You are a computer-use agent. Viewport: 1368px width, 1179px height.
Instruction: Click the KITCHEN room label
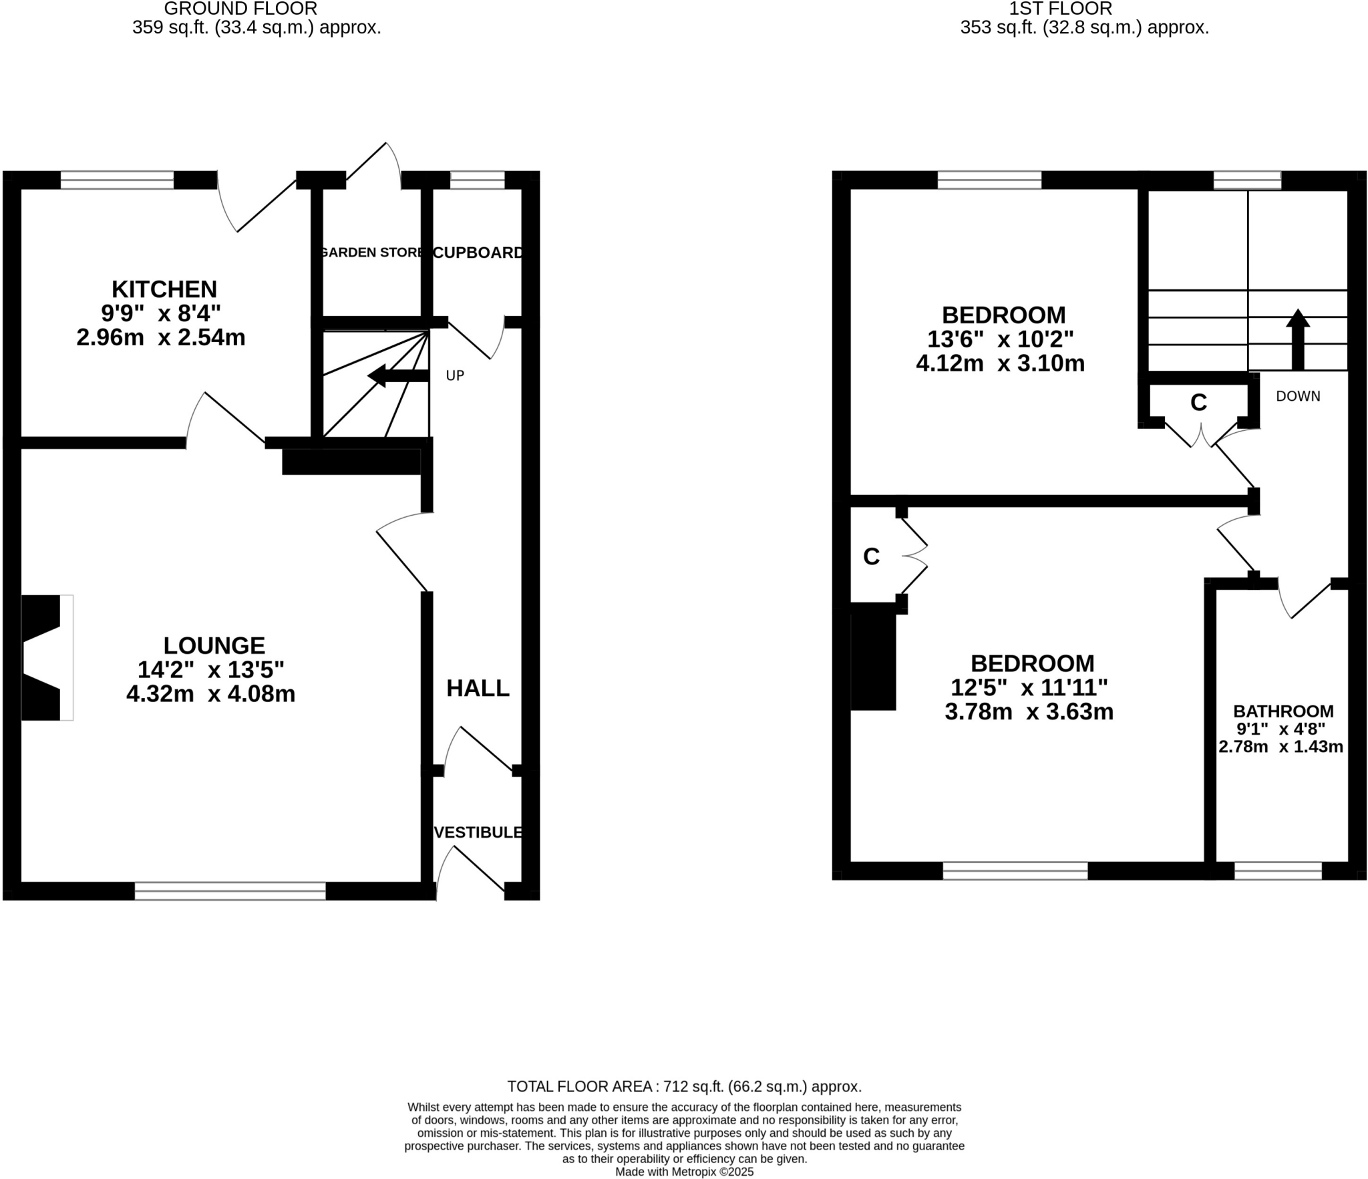[x=164, y=289]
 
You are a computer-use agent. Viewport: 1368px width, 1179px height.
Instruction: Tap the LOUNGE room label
[x=214, y=645]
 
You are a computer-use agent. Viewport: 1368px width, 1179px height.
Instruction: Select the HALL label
[x=478, y=688]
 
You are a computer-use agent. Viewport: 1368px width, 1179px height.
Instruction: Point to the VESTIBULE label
[x=478, y=832]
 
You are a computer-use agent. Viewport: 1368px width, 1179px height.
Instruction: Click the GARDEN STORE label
[x=371, y=252]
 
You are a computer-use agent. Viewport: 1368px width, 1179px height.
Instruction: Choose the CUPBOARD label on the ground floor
[x=478, y=252]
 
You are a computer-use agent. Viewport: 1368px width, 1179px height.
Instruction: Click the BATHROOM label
[x=1282, y=711]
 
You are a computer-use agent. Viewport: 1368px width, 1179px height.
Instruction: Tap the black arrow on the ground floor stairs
[x=397, y=375]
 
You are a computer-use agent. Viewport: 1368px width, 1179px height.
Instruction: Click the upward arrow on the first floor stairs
[x=1297, y=339]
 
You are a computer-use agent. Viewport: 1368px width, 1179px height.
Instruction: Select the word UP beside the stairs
[x=455, y=375]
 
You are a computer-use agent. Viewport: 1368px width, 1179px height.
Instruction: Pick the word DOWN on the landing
[x=1298, y=396]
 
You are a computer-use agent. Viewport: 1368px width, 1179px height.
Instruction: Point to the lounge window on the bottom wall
[x=230, y=891]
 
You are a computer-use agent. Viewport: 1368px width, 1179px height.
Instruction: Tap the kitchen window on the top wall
[x=117, y=180]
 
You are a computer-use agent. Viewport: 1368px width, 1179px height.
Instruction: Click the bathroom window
[x=1278, y=871]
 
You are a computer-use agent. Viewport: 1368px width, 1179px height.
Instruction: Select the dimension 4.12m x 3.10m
[x=1000, y=363]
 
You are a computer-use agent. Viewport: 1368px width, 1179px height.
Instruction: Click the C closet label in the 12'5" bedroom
[x=871, y=556]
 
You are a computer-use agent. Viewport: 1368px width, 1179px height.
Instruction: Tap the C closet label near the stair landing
[x=1198, y=402]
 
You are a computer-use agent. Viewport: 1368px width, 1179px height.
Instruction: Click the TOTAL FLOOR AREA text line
[x=684, y=1087]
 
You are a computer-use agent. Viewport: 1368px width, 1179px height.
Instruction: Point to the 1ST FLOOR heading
[x=1060, y=9]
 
